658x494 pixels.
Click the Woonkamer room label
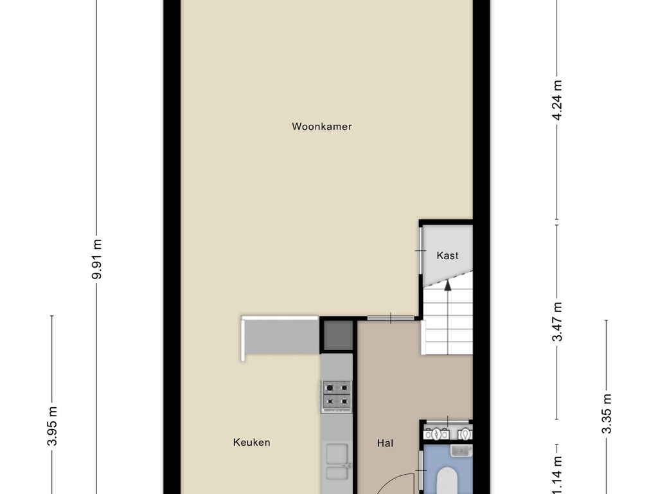[x=321, y=127]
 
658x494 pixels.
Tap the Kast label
[x=447, y=255]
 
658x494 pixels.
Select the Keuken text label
[x=251, y=443]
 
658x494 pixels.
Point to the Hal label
[x=385, y=443]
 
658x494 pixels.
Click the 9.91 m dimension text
[x=97, y=259]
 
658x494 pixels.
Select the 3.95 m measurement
[x=52, y=426]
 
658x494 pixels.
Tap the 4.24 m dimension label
[x=557, y=100]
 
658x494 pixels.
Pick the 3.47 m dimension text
[x=557, y=322]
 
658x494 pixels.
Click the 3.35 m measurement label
[x=607, y=414]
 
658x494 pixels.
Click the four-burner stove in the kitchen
[x=337, y=396]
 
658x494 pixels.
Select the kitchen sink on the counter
[x=337, y=461]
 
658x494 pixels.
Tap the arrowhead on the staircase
[x=448, y=285]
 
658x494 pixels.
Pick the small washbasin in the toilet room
[x=461, y=451]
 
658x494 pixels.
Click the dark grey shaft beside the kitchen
[x=337, y=334]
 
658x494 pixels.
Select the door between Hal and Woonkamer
[x=391, y=318]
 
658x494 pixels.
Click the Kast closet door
[x=420, y=250]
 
